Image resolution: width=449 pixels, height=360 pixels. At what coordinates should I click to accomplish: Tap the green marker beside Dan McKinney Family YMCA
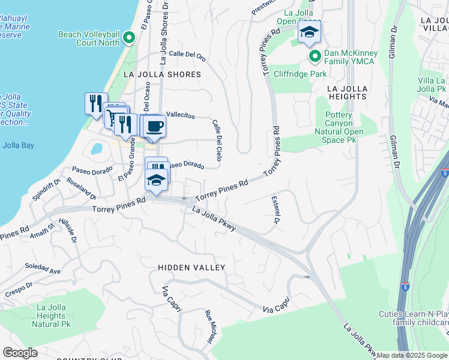pos(314,56)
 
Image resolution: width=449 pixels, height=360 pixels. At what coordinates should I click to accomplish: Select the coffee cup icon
pos(155,126)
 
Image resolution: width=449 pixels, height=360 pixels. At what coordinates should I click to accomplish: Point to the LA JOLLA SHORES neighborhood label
pos(161,74)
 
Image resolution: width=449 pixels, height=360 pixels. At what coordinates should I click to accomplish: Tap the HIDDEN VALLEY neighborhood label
pos(191,268)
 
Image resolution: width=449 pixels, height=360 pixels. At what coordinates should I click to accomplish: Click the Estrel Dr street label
pos(276,211)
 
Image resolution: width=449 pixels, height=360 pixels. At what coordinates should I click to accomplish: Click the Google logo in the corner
pos(20,352)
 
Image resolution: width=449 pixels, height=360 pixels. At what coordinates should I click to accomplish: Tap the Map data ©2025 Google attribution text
pos(412,355)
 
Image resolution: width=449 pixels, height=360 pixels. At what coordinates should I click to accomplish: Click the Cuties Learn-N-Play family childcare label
pos(413,318)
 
